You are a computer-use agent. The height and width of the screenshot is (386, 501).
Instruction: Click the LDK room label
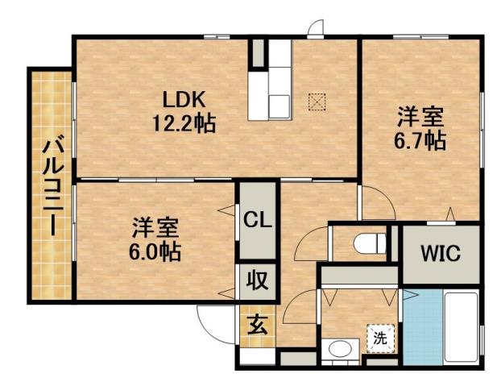[x=186, y=100]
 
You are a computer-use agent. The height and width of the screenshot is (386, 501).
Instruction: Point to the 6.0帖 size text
[x=155, y=250]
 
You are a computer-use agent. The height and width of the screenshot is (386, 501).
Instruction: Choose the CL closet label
[x=257, y=219]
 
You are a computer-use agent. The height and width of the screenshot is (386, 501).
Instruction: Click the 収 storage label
[x=257, y=283]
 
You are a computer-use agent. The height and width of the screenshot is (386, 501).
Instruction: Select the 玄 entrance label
[x=257, y=326]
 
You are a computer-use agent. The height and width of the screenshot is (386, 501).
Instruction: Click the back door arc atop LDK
[x=317, y=27]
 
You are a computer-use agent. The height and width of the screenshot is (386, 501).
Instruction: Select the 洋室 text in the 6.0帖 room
[x=155, y=227]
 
